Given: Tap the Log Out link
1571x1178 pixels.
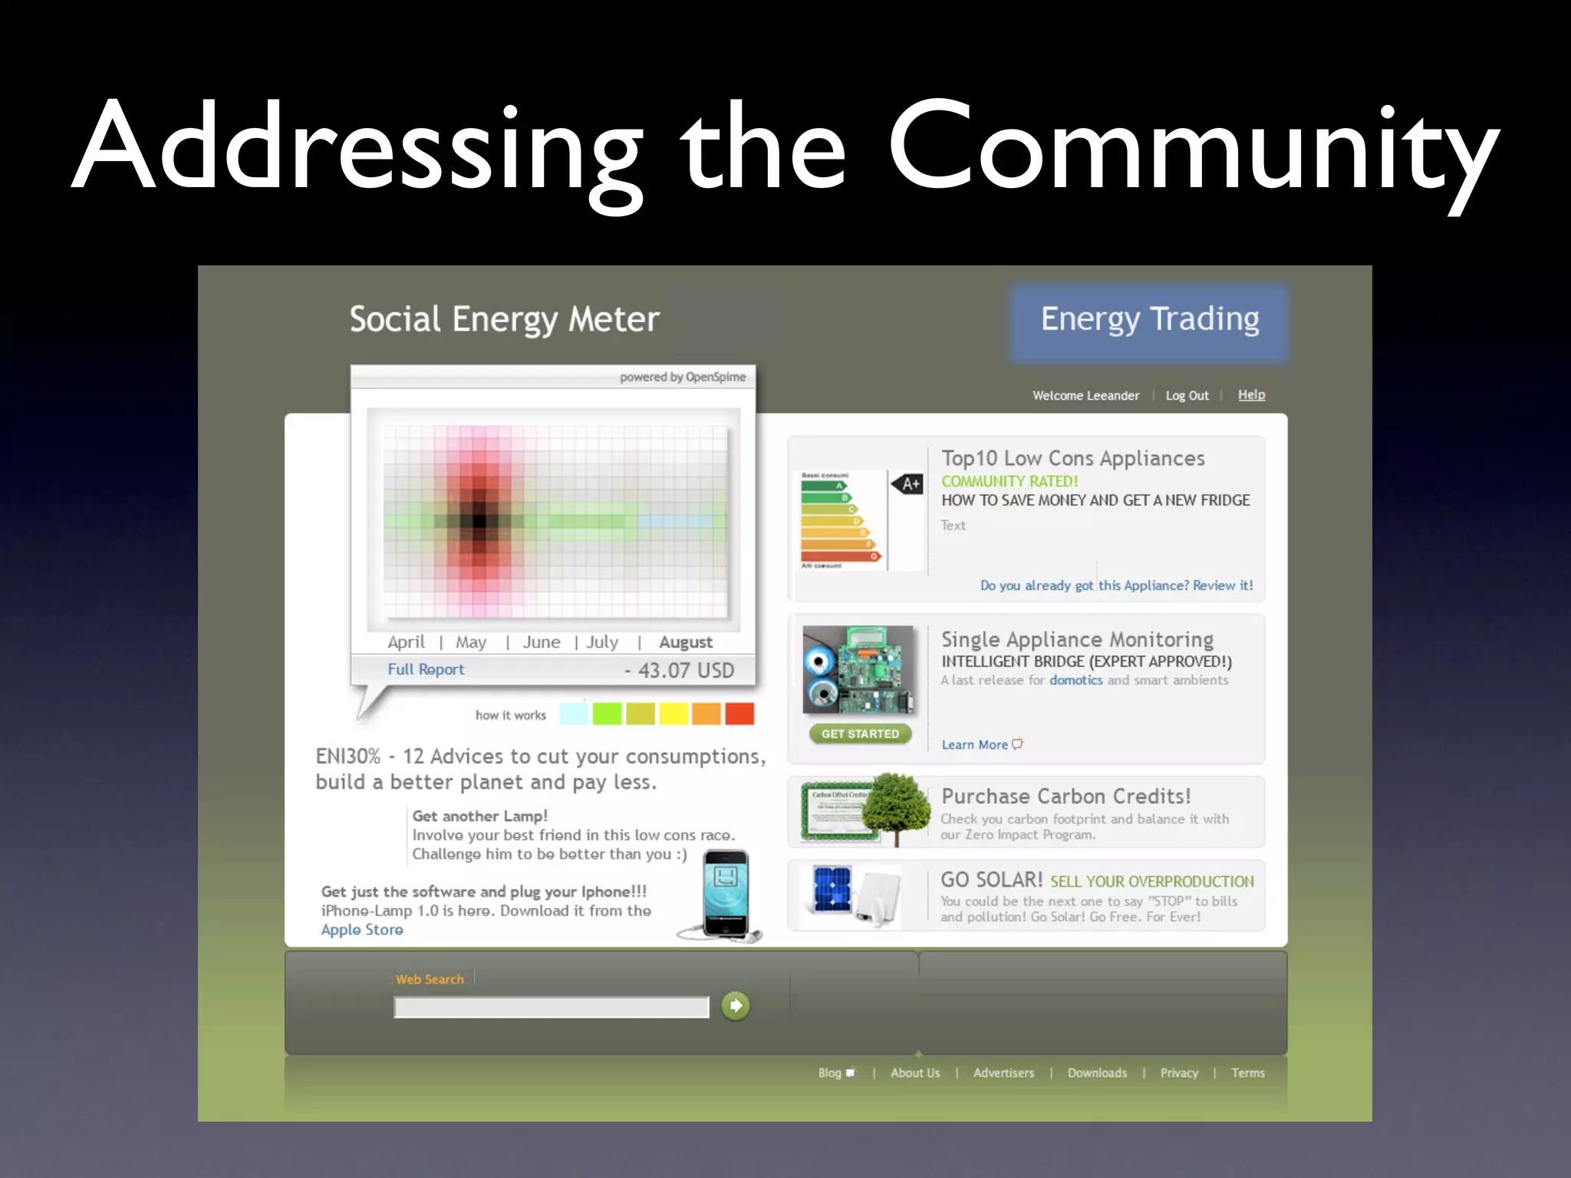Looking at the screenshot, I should [x=1187, y=396].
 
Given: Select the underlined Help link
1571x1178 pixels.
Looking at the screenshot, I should [x=1251, y=394].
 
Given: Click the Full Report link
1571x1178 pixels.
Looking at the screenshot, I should [x=426, y=670].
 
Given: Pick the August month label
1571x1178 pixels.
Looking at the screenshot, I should [x=685, y=643].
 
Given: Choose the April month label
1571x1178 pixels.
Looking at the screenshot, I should [x=406, y=643].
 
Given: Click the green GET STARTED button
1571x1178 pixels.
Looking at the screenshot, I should [x=860, y=734].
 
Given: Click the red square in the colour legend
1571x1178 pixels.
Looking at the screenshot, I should [x=739, y=714].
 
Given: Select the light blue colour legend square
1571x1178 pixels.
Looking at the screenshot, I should [x=574, y=714].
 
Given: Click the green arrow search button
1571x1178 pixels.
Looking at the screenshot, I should [x=736, y=1005].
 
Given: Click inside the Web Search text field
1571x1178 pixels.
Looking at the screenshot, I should [x=551, y=1007].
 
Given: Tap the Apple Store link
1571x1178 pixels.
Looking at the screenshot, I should [x=362, y=930].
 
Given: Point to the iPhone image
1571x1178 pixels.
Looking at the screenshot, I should [x=726, y=894].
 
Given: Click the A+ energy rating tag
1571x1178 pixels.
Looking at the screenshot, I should [x=908, y=484].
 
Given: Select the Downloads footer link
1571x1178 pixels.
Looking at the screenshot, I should [x=1097, y=1073].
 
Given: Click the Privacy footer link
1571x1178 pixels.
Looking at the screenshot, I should [x=1179, y=1073].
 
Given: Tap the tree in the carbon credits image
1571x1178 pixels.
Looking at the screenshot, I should [x=894, y=805].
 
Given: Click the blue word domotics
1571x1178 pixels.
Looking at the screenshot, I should [x=1075, y=680].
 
